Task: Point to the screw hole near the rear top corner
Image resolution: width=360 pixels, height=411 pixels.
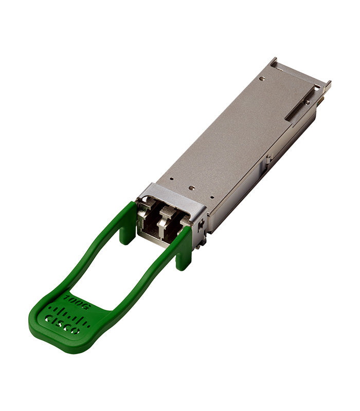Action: point(263,79)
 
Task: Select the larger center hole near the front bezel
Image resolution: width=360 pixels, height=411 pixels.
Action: point(191,189)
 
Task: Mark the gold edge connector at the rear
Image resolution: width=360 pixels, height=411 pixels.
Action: point(322,100)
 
